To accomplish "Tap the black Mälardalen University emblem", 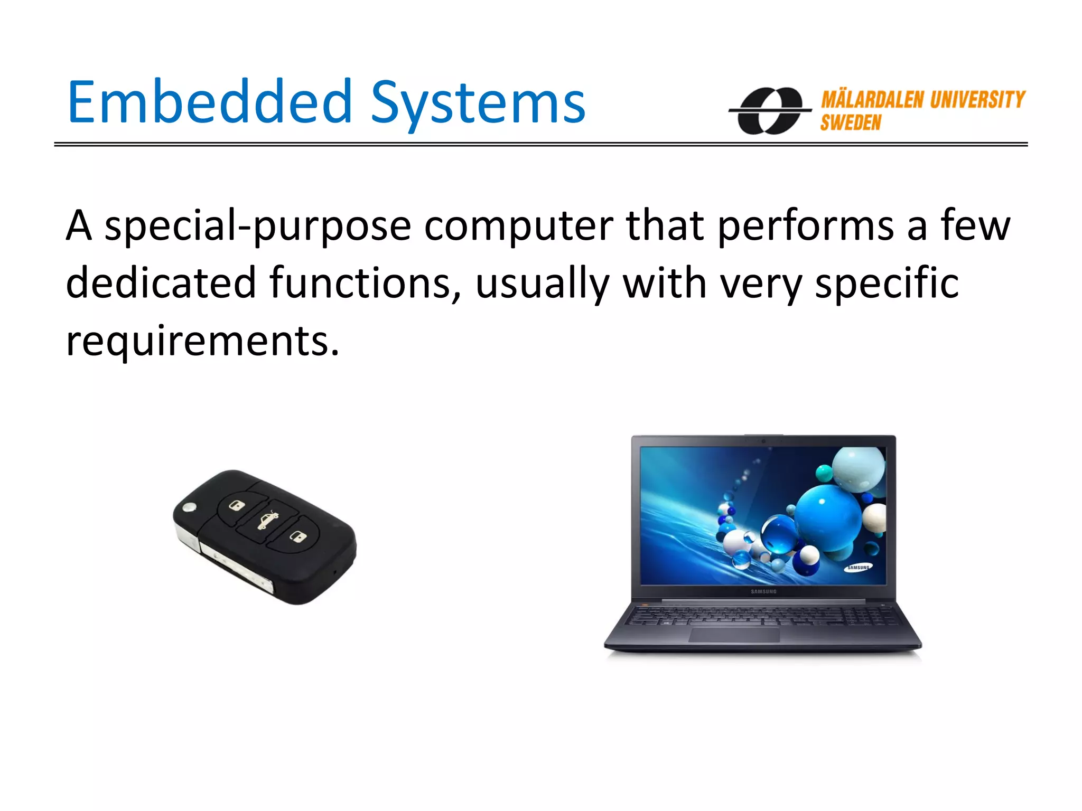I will (x=770, y=110).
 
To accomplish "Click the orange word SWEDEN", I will (x=851, y=123).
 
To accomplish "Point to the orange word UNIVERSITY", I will (x=977, y=99).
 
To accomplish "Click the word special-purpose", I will (x=257, y=227).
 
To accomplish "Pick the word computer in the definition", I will (x=518, y=227).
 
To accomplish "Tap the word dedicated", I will (x=161, y=283).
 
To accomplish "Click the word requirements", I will (x=202, y=341).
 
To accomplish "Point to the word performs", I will (x=806, y=227).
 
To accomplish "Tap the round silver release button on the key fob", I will (x=189, y=508).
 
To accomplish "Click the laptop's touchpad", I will (x=734, y=634).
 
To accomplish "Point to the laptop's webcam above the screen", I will (x=763, y=441).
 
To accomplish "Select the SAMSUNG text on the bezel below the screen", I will (x=763, y=591).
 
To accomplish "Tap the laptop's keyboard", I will (x=761, y=615).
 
